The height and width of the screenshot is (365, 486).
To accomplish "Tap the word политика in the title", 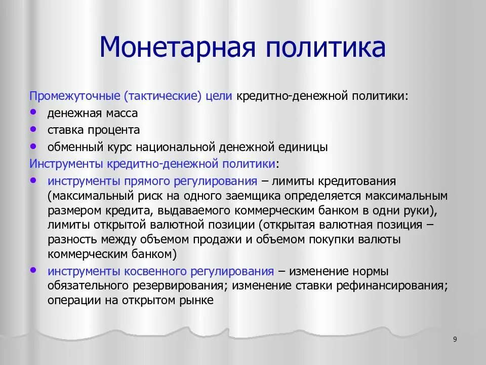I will [x=324, y=47].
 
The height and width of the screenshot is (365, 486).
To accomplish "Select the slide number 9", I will [x=455, y=339].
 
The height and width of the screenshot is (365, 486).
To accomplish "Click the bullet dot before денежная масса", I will [x=33, y=112].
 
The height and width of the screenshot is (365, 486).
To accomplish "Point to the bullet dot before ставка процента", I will [x=33, y=129].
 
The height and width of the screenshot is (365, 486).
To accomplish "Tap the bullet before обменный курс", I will [x=33, y=145].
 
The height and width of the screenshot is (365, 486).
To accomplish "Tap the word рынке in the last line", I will [x=199, y=300].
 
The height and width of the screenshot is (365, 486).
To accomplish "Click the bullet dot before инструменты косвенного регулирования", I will [x=33, y=270].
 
